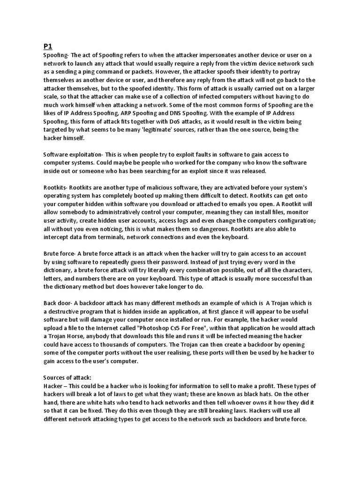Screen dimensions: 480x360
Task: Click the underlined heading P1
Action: (x=49, y=46)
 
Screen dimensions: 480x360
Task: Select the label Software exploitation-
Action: (x=75, y=154)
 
